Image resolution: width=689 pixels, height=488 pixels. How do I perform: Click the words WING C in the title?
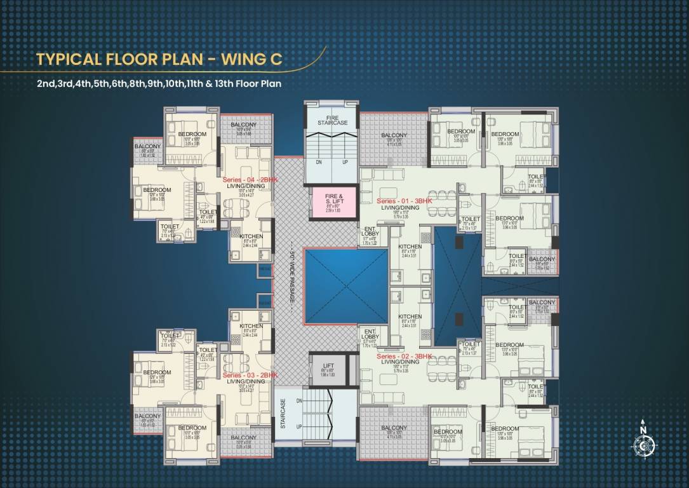pyautogui.click(x=251, y=60)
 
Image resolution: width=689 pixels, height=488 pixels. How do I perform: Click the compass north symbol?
pyautogui.click(x=643, y=444)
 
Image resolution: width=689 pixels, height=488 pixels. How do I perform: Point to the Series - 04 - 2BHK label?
pyautogui.click(x=250, y=180)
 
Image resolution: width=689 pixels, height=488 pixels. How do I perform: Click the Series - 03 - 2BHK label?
pyautogui.click(x=250, y=376)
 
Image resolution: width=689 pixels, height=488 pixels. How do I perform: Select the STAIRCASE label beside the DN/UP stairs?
pyautogui.click(x=283, y=414)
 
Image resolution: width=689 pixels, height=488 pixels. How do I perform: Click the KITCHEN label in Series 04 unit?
pyautogui.click(x=251, y=236)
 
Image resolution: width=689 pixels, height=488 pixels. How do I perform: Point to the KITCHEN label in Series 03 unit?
pyautogui.click(x=251, y=325)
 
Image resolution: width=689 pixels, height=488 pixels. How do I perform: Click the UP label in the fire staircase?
pyautogui.click(x=345, y=162)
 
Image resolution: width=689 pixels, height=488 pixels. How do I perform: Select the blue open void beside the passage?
pyautogui.click(x=345, y=286)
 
